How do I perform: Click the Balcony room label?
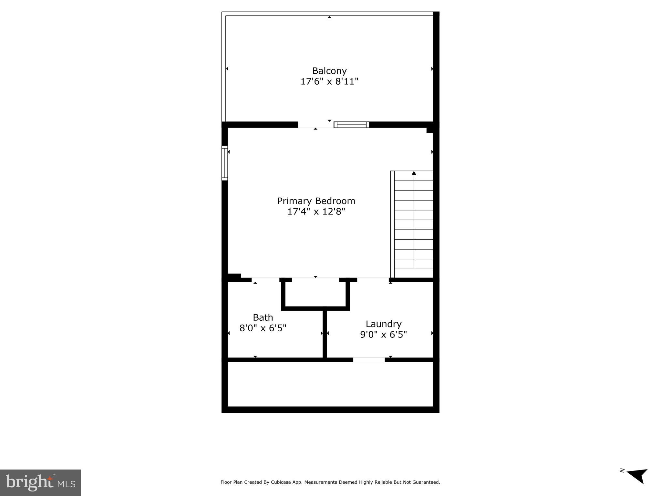[x=329, y=71]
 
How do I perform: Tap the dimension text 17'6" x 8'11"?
[x=329, y=81]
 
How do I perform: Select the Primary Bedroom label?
[x=316, y=201]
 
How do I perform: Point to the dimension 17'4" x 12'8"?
[x=316, y=212]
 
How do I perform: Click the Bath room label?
[x=263, y=317]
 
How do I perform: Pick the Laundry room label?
[x=383, y=324]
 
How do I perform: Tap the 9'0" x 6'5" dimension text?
[x=383, y=335]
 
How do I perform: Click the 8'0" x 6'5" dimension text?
[x=263, y=328]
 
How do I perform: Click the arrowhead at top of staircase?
[x=414, y=173]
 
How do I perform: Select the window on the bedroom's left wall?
[x=224, y=163]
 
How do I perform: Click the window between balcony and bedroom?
[x=351, y=125]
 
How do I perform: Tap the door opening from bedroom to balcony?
[x=315, y=125]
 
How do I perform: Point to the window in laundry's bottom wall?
[x=369, y=360]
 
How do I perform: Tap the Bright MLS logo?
[x=40, y=482]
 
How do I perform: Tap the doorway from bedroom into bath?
[x=265, y=280]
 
